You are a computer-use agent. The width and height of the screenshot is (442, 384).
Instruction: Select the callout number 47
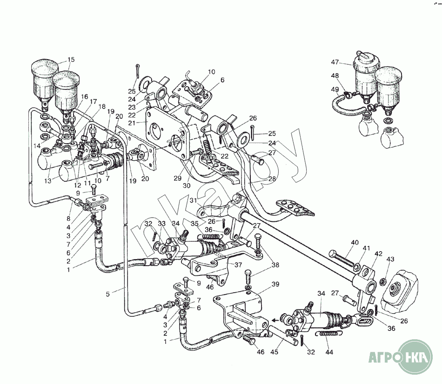click(x=335, y=62)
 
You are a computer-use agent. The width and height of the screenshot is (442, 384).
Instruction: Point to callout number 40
click(x=355, y=242)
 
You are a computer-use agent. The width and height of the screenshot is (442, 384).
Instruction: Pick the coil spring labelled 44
click(x=328, y=334)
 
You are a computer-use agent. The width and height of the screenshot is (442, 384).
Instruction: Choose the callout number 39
click(x=275, y=284)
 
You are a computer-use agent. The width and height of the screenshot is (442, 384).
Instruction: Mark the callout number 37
click(x=238, y=265)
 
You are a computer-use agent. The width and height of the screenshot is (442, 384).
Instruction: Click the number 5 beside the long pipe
click(x=107, y=294)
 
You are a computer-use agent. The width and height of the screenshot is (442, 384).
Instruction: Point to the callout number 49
click(x=335, y=89)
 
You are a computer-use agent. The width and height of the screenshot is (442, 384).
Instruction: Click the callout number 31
click(x=193, y=200)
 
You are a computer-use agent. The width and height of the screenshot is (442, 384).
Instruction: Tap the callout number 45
click(x=275, y=352)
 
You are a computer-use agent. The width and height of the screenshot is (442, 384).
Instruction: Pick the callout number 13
click(x=48, y=180)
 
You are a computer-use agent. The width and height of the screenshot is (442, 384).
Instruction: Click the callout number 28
click(x=272, y=179)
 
